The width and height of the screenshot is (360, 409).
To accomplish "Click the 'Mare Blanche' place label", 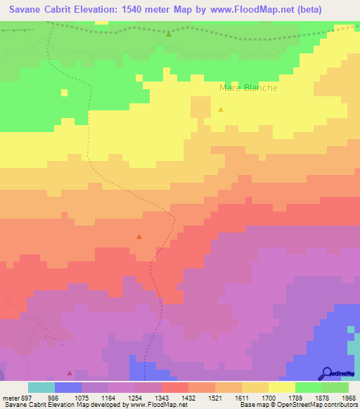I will coord(249,88).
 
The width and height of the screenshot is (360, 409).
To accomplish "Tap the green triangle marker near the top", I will coord(169,33).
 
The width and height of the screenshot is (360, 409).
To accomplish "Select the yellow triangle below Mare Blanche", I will coord(221,110).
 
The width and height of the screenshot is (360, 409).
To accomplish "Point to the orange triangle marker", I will coord(139,236).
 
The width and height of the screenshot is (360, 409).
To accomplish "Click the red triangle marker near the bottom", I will coord(70,372).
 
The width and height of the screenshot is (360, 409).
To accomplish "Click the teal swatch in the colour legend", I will coord(41,387).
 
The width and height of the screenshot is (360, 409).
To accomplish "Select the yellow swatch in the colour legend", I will coord(281,387).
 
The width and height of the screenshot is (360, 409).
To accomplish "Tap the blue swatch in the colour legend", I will coord(68,387).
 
